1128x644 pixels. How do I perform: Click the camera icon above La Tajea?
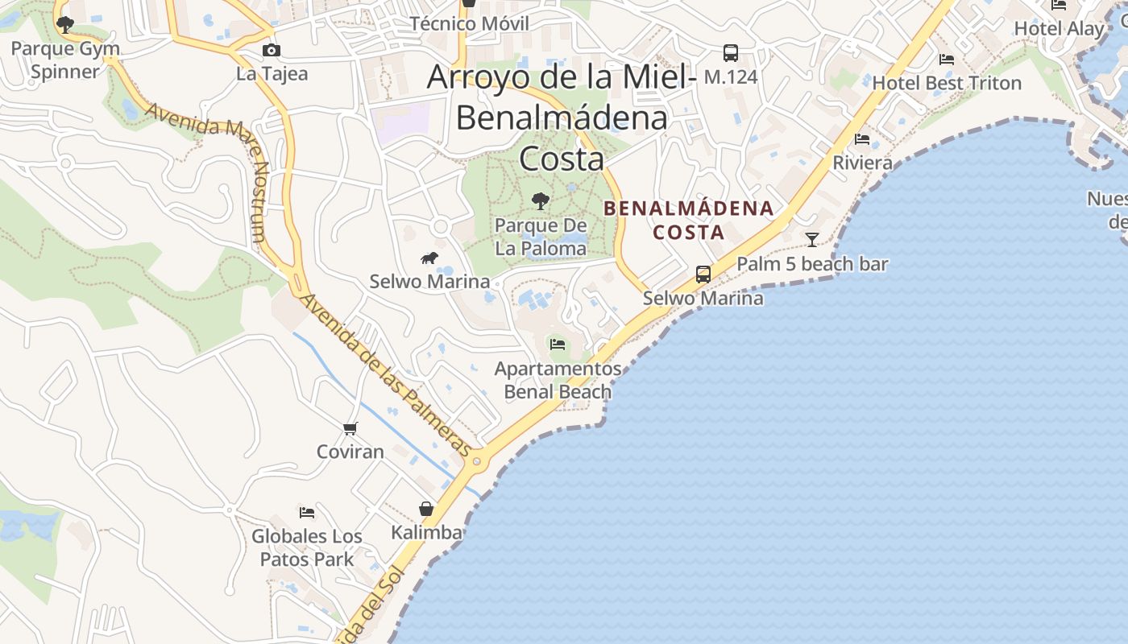[x=272, y=51]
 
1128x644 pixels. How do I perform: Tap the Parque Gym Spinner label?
[x=65, y=60]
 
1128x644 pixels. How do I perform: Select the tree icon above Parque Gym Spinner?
[x=65, y=25]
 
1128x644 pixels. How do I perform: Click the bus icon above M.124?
[x=731, y=53]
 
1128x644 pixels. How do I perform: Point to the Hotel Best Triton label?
[x=947, y=83]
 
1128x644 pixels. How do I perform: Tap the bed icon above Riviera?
[x=862, y=139]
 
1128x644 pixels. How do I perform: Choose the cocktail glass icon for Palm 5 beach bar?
[x=812, y=239]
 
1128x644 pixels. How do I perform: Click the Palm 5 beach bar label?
[x=812, y=264]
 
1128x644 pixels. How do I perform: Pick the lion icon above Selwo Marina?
[x=429, y=258]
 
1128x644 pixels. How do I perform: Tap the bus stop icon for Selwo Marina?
[x=703, y=275]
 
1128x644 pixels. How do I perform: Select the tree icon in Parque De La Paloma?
[x=541, y=200]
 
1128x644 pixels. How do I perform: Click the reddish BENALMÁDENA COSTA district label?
[x=688, y=220]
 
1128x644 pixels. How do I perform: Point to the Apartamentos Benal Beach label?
[x=558, y=380]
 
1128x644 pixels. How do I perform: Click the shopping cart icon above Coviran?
[x=350, y=428]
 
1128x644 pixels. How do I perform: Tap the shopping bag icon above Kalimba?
[x=426, y=509]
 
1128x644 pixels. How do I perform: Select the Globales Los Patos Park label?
[x=307, y=547]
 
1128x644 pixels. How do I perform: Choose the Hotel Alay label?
[x=1059, y=29]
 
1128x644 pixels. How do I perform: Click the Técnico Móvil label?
[x=470, y=23]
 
